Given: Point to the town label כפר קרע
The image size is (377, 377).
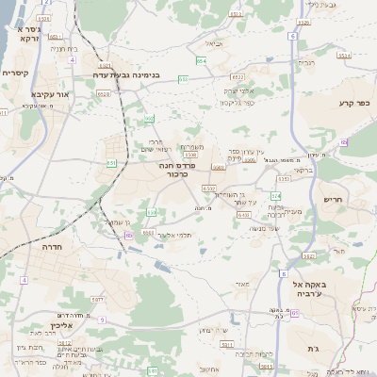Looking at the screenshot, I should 351,103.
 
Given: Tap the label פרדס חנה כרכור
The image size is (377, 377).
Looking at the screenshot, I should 177,170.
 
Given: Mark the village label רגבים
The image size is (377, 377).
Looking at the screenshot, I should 307,63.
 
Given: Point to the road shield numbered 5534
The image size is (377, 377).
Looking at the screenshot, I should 344,56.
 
